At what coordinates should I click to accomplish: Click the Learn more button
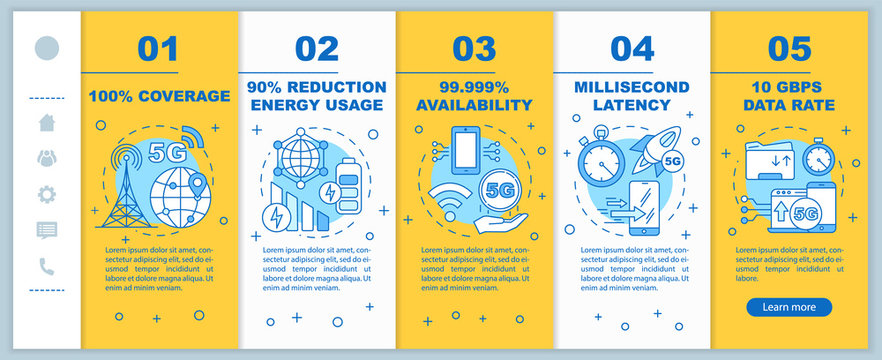click(x=788, y=307)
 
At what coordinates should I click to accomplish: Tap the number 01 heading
click(x=160, y=48)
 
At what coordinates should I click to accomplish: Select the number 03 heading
click(x=474, y=48)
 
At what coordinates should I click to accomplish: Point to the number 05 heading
click(x=789, y=48)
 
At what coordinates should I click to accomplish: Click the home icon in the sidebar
click(x=46, y=123)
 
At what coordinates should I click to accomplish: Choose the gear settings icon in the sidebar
click(x=46, y=194)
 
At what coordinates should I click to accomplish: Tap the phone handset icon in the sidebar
click(x=46, y=266)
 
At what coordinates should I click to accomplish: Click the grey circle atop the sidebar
click(x=46, y=48)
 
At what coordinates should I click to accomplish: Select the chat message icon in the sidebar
click(x=46, y=230)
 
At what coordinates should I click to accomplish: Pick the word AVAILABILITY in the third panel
click(x=474, y=105)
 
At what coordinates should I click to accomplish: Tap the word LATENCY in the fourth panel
click(x=632, y=105)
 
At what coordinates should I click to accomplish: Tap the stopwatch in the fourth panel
click(x=601, y=157)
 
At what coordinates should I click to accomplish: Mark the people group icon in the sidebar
click(x=46, y=158)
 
